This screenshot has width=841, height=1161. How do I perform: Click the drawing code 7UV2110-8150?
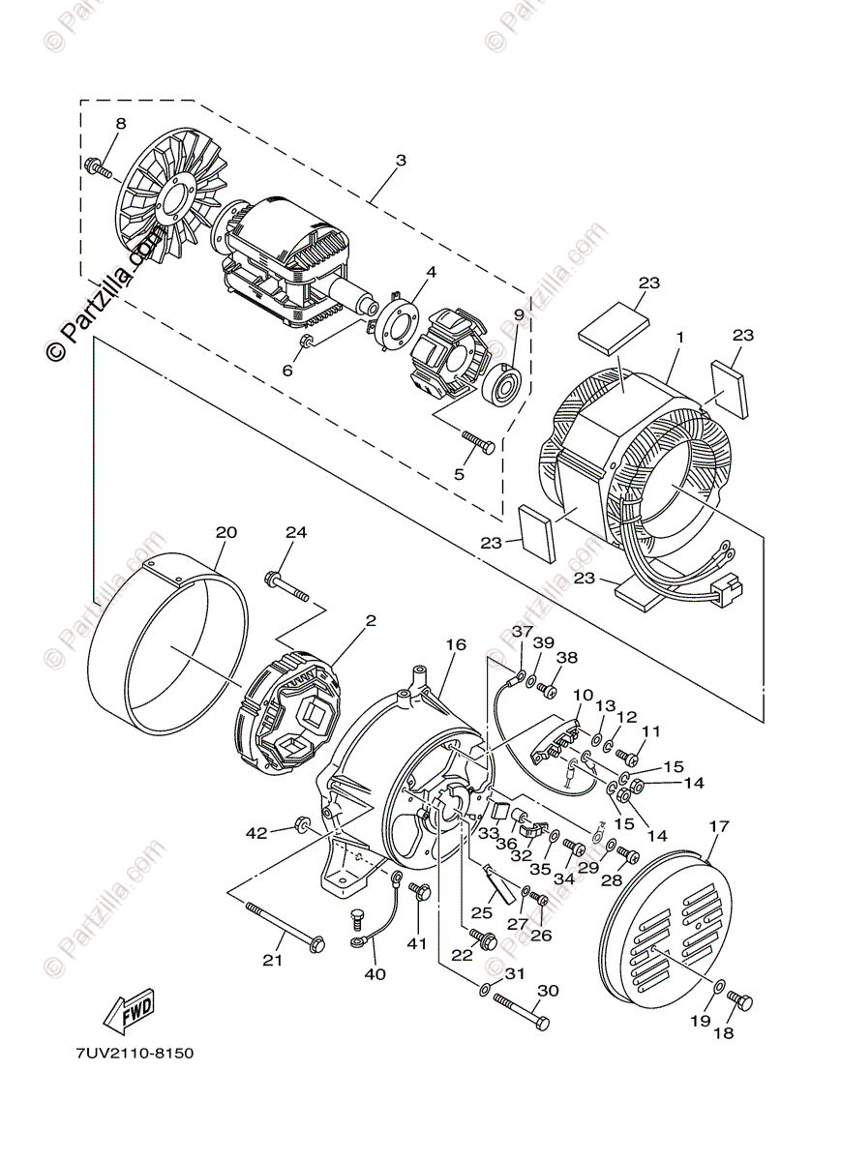click(132, 1052)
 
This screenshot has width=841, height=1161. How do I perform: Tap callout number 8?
click(121, 124)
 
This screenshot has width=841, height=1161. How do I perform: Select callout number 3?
click(401, 160)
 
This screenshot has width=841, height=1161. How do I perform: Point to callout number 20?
click(226, 532)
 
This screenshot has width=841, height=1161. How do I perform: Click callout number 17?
click(718, 826)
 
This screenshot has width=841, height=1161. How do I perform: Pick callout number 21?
click(273, 960)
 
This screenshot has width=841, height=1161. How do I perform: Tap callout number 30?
click(549, 991)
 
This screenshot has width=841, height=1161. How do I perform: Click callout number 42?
click(256, 833)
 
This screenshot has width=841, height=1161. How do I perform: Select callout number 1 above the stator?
click(679, 337)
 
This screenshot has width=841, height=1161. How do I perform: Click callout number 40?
click(375, 973)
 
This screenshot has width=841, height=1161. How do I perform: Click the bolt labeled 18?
click(740, 1000)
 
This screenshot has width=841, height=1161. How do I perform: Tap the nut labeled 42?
click(301, 825)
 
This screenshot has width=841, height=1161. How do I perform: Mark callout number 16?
click(456, 645)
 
